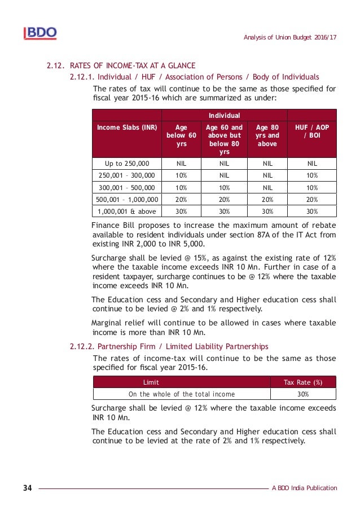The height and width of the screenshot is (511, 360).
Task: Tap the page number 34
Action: coord(28,488)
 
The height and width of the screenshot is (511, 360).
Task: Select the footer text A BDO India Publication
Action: coord(304,488)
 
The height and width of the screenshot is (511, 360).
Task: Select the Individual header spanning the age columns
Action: coord(224,116)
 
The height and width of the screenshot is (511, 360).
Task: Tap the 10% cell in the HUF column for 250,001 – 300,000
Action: coord(311,176)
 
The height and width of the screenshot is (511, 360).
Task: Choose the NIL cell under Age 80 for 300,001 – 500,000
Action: coord(267,188)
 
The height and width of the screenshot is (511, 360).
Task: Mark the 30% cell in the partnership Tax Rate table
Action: coord(303,394)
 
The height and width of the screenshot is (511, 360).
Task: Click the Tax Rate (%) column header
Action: coord(303,382)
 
